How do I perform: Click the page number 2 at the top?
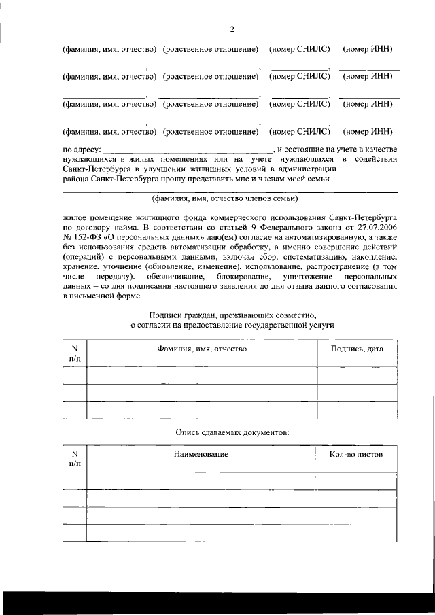click(232, 29)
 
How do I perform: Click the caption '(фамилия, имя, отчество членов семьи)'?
click(224, 199)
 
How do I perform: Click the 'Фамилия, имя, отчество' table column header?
click(201, 349)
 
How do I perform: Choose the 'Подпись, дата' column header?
click(357, 349)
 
